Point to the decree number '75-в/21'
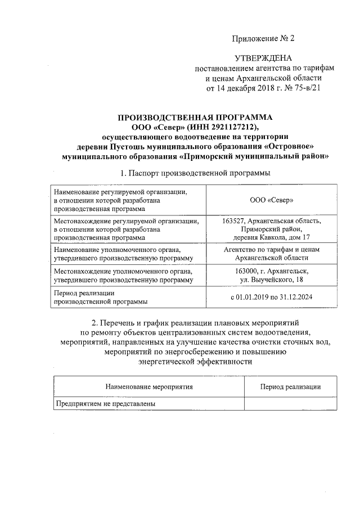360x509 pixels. point(307,88)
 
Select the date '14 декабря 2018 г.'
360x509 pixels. point(247,88)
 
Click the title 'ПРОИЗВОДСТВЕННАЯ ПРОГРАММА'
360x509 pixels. point(195,117)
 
